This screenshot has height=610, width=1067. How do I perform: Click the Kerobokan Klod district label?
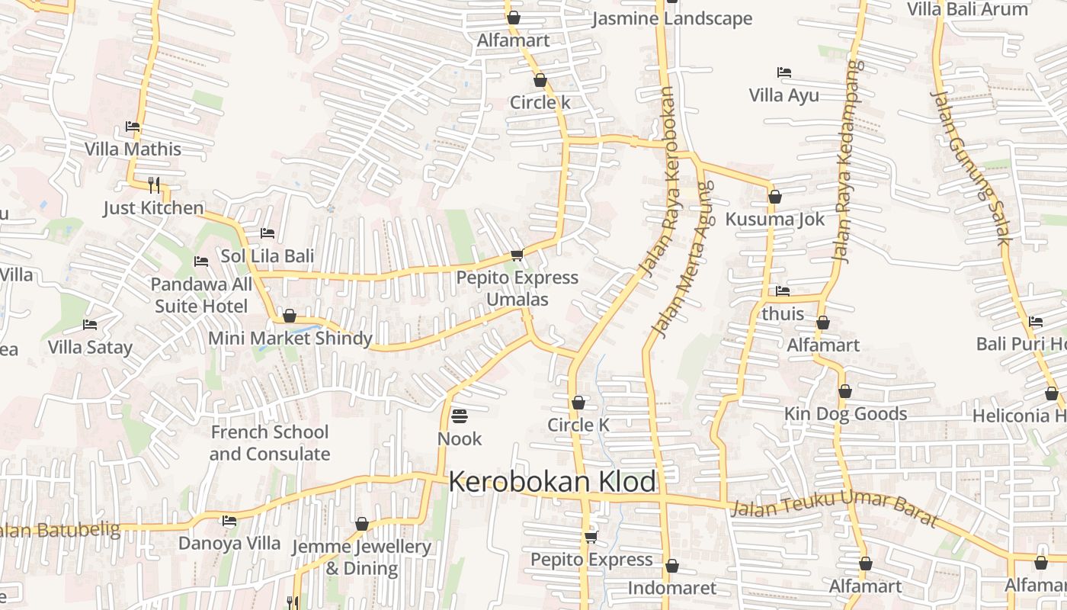[552, 482]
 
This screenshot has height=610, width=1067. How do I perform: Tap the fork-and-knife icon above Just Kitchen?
[154, 185]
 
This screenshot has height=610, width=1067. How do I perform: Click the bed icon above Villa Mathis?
[133, 127]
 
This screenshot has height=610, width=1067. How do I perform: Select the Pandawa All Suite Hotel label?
[201, 295]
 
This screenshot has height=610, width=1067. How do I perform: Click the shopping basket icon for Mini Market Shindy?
[290, 316]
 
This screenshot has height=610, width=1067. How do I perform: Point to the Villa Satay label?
[90, 348]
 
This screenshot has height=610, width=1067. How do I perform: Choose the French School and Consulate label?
[270, 443]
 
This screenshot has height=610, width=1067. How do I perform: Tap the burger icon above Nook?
[460, 416]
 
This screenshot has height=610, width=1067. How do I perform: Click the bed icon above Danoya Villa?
[229, 521]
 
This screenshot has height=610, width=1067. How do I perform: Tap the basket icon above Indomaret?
[671, 566]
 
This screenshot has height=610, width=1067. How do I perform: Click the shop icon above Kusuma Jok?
[775, 197]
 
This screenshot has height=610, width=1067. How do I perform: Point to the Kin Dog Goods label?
[846, 414]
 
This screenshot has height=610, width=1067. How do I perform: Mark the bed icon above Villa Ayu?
[783, 72]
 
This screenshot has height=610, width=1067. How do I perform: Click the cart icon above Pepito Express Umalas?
[517, 255]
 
